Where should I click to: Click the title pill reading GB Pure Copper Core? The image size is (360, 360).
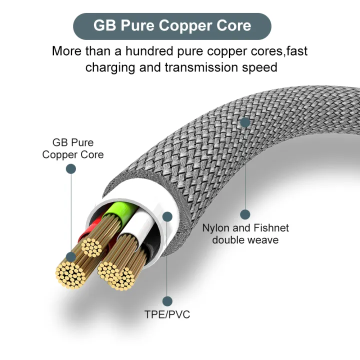[x=172, y=26]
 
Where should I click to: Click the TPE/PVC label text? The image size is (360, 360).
[x=167, y=314]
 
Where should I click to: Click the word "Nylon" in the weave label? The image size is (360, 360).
[x=216, y=228]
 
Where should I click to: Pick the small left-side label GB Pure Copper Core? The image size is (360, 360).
[x=73, y=148]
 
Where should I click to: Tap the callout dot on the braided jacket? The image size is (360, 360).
[x=245, y=122]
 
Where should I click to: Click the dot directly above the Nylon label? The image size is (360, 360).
[x=245, y=214]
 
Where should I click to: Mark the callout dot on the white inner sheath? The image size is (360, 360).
[x=167, y=216]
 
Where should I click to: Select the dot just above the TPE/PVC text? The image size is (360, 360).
[x=167, y=301]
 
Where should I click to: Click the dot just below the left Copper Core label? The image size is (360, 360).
[x=71, y=169]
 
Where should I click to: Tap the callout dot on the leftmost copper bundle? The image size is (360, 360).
[x=71, y=257]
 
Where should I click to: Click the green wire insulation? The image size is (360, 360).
[x=116, y=210]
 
